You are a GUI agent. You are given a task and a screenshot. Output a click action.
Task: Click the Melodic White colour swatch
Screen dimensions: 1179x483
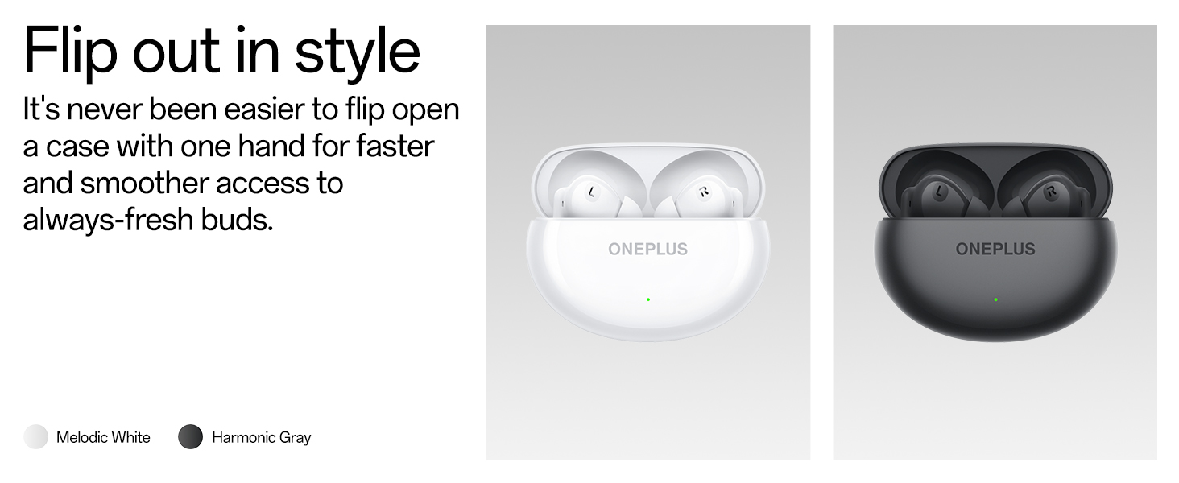(35, 436)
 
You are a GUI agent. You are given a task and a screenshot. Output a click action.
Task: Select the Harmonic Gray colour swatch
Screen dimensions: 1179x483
(191, 436)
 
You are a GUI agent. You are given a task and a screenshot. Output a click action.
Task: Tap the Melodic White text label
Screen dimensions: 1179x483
(103, 437)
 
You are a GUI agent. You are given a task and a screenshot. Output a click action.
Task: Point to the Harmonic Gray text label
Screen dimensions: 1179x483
(262, 437)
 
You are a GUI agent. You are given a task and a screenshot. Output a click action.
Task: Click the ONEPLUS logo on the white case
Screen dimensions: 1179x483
(648, 249)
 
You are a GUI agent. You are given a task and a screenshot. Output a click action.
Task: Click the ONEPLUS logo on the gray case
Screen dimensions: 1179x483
(995, 249)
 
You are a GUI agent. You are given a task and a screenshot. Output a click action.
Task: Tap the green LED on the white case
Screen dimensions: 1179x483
(648, 299)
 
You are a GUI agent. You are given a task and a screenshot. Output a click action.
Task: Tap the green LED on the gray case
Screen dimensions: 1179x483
(996, 299)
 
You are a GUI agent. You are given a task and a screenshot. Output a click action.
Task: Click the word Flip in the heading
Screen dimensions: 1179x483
(70, 52)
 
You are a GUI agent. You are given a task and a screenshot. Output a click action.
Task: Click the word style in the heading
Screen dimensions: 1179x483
(358, 52)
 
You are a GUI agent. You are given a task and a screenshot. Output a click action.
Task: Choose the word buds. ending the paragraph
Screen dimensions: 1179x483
(238, 220)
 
